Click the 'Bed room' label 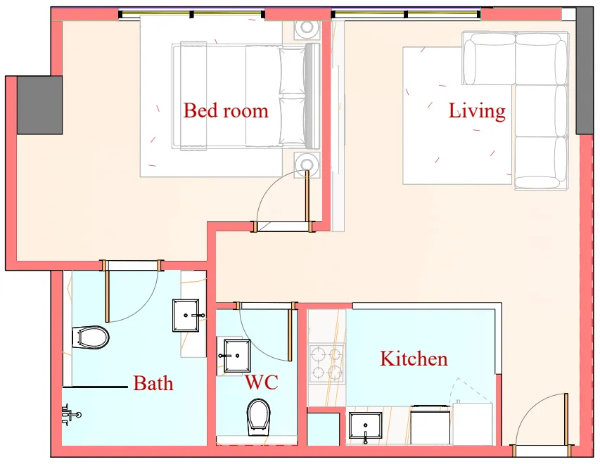[x=226, y=110]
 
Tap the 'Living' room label [x=477, y=110]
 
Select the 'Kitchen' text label [x=414, y=359]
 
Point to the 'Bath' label [x=153, y=383]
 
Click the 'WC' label [x=261, y=382]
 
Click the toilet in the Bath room [x=91, y=337]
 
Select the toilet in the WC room [x=258, y=416]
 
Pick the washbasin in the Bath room [x=188, y=316]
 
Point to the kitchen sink [x=366, y=427]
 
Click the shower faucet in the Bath [x=70, y=415]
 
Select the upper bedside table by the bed [x=307, y=28]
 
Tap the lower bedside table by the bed [x=307, y=165]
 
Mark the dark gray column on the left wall [x=39, y=105]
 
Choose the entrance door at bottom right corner [x=542, y=422]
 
